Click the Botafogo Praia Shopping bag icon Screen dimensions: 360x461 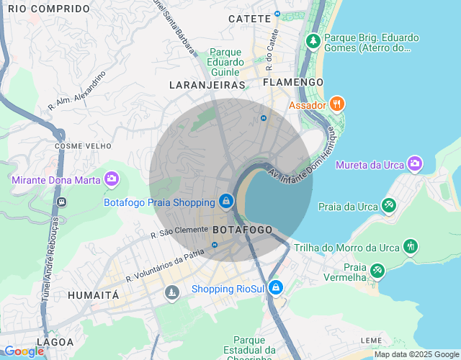[x=226, y=201]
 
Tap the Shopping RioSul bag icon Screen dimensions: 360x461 [x=274, y=288]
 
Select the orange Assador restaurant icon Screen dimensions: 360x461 [x=337, y=104]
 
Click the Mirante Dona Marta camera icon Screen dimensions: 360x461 [x=111, y=178]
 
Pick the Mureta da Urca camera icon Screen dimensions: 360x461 [x=414, y=164]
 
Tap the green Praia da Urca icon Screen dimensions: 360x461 [x=389, y=206]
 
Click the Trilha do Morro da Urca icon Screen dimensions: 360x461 [x=410, y=247]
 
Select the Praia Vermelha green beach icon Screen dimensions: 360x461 [x=377, y=271]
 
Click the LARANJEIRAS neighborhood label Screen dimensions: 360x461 [x=207, y=85]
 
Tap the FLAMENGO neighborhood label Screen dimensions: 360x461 [x=293, y=82]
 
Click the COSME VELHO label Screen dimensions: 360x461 [x=83, y=145]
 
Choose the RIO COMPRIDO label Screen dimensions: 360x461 [x=49, y=9]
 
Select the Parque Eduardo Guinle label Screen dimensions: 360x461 [x=225, y=61]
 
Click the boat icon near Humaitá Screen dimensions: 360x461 [x=171, y=292]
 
